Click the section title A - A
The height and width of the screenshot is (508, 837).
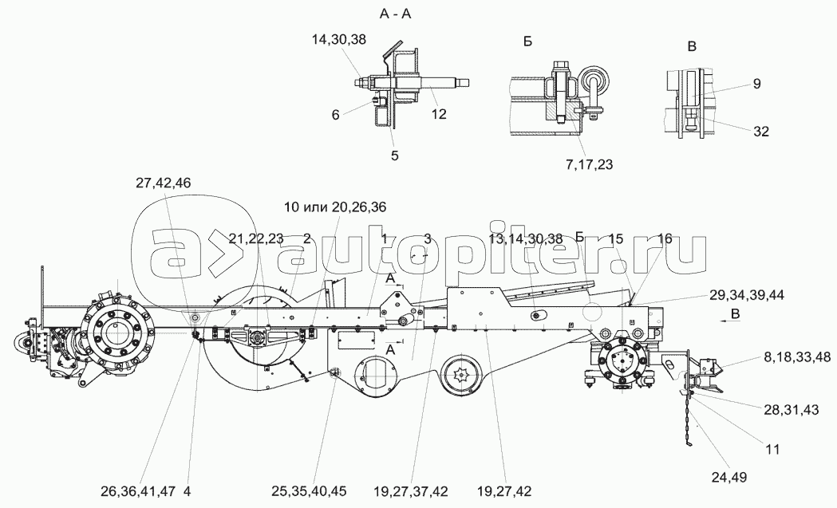395,14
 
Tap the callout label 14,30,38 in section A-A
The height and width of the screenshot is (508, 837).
339,39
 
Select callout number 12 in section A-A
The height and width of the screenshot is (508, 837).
439,114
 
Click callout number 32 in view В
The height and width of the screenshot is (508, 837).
761,131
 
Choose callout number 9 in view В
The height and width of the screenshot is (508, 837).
757,84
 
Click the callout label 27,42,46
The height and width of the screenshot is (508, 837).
163,183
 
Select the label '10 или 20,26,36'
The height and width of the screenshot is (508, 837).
335,207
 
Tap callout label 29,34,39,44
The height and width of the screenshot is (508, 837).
747,294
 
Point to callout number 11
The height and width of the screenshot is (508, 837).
772,450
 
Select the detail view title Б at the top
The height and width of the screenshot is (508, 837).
527,41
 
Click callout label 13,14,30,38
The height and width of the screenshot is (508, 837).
525,238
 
